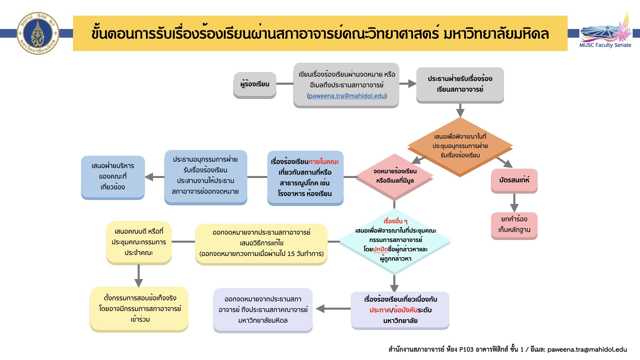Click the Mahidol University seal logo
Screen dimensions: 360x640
[x=38, y=33]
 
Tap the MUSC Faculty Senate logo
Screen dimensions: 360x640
[x=605, y=32]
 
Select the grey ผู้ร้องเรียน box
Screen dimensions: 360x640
[x=255, y=84]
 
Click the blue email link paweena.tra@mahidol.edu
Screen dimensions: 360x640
[x=347, y=96]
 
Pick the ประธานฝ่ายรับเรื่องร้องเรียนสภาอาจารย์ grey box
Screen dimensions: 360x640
[x=460, y=84]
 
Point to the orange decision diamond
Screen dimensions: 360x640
[x=460, y=146]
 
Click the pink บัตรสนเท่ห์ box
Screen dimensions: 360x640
[x=514, y=180]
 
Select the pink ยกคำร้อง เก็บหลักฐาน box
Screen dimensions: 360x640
[x=514, y=225]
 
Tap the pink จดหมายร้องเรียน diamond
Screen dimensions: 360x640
[x=395, y=176]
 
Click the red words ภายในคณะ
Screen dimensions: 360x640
[x=323, y=162]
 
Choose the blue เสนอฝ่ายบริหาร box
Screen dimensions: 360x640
[x=113, y=177]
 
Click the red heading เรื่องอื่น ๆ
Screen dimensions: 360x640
[x=395, y=221]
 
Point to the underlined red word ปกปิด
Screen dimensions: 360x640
[x=380, y=249]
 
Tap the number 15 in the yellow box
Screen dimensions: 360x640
[x=291, y=254]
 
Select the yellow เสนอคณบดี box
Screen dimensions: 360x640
[x=139, y=242]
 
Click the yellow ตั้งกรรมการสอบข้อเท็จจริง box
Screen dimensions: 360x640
[x=139, y=309]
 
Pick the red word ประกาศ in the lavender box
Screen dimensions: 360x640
[x=380, y=310]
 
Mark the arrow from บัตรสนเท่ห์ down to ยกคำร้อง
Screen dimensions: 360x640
[x=514, y=203]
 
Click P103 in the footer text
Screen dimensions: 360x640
[x=466, y=350]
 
